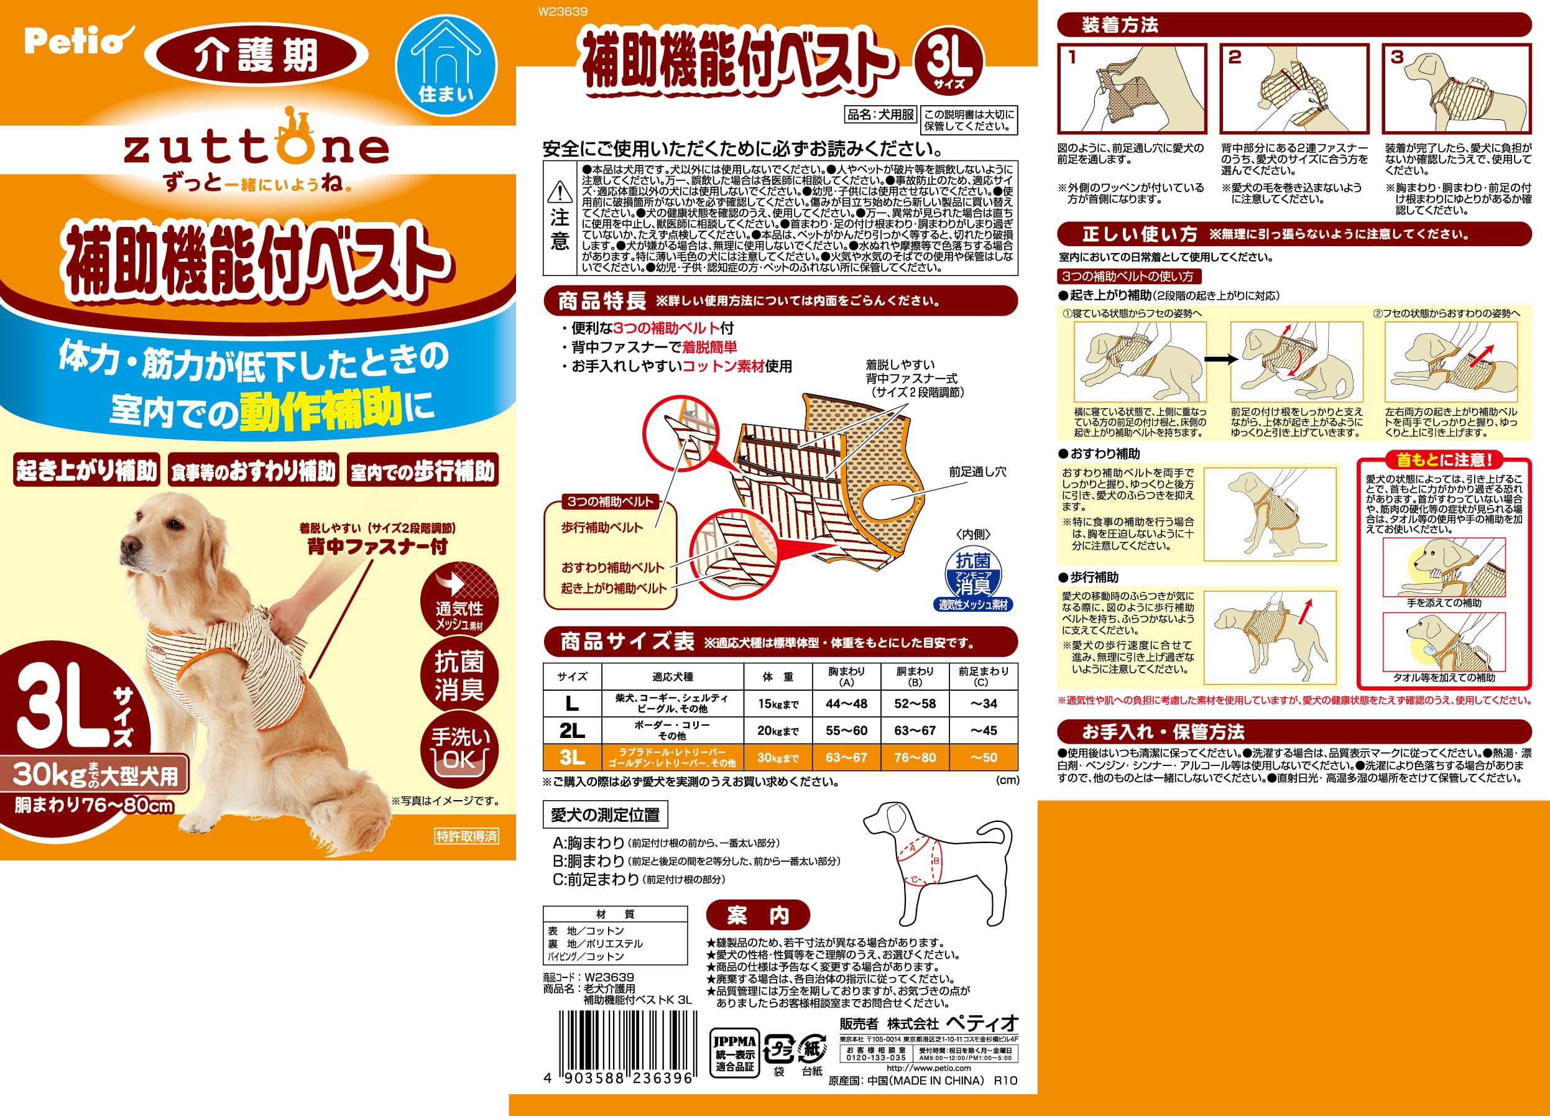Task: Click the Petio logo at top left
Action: click(75, 41)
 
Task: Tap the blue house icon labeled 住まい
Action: click(446, 66)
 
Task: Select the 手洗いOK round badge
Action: click(459, 749)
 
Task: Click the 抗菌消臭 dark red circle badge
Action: click(459, 675)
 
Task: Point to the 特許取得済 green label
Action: click(467, 836)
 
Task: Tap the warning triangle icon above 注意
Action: click(560, 192)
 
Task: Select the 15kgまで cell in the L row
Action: click(777, 703)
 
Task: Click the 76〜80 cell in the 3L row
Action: click(915, 757)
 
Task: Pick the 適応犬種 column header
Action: click(672, 676)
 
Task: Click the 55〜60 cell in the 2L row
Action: click(846, 731)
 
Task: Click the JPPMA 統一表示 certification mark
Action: click(735, 1053)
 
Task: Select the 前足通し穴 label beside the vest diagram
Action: click(977, 471)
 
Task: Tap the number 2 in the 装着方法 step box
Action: click(1234, 57)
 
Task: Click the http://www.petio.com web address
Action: click(928, 1068)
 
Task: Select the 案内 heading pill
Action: click(757, 915)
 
